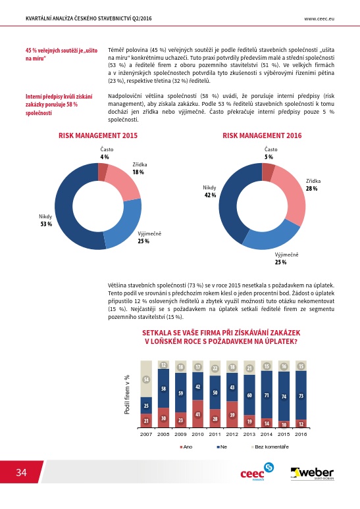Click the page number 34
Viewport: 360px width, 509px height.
22,472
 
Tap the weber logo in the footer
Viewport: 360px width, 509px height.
312,473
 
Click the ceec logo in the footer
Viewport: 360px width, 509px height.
257,472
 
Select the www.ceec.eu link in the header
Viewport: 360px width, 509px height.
319,18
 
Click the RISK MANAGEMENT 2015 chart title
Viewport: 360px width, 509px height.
98,135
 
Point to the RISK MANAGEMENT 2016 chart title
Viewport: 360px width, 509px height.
262,135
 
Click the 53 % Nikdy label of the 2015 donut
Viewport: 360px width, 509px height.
46,220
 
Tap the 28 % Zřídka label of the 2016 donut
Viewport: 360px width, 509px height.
313,185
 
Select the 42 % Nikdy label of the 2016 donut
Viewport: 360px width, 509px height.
209,191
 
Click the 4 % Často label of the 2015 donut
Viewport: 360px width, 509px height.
107,153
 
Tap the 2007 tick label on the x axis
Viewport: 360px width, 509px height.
146,434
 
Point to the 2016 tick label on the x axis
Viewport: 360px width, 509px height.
301,434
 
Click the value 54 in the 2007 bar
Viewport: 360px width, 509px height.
146,379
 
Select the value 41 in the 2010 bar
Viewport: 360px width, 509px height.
198,414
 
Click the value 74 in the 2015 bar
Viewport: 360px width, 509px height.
284,397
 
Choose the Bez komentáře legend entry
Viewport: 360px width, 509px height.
270,447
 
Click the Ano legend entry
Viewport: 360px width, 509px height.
186,447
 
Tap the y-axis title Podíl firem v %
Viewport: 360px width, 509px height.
127,395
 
